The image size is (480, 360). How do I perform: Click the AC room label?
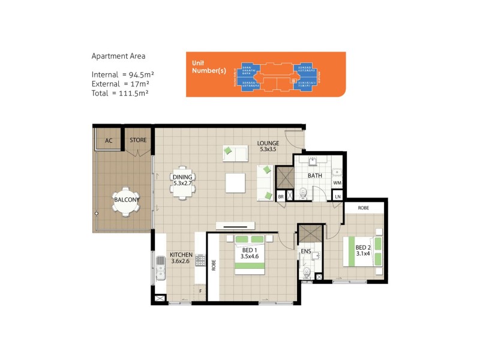(x=109, y=140)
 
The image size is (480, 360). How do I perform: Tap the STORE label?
(x=138, y=140)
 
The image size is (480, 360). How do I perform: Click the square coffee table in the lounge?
(x=235, y=182)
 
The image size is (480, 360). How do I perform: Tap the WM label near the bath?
(x=337, y=182)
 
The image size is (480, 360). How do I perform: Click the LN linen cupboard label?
(x=337, y=197)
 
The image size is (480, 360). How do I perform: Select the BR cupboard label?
(x=281, y=197)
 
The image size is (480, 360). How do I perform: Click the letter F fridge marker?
(x=201, y=292)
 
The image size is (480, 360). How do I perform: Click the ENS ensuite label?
(x=305, y=251)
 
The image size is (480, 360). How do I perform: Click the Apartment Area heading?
(x=118, y=56)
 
